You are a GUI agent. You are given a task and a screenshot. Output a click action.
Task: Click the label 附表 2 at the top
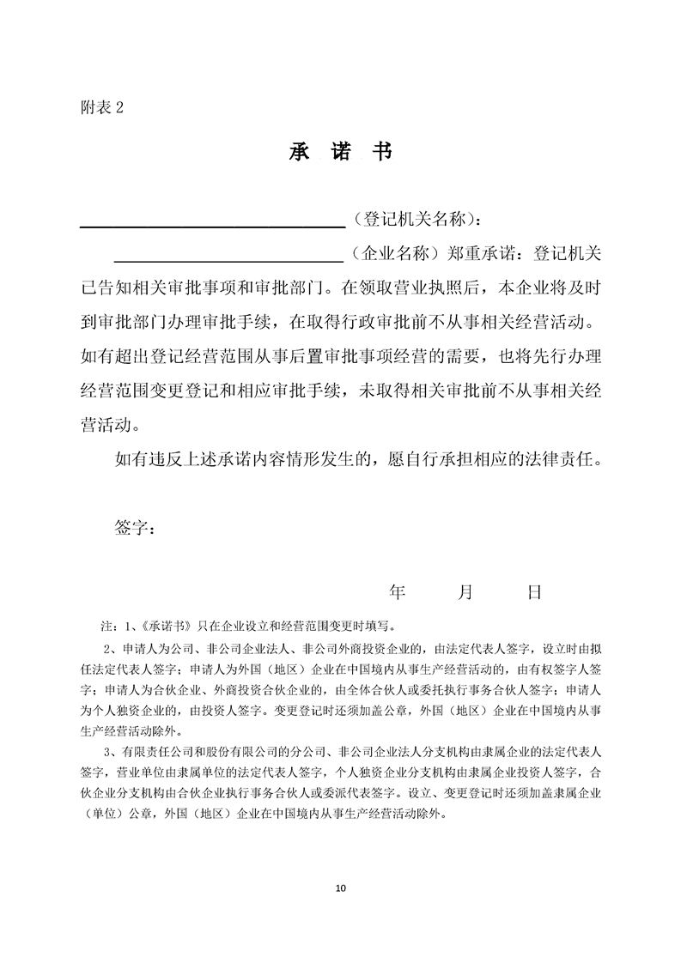[101, 107]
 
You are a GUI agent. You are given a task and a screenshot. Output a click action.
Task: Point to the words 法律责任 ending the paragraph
[566, 459]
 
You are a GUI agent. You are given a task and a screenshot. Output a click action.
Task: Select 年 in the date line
[397, 591]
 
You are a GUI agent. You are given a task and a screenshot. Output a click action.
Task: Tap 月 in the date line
[465, 591]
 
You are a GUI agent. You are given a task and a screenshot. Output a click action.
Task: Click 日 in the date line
[534, 591]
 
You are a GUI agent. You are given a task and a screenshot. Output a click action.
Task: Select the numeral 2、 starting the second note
[109, 647]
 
